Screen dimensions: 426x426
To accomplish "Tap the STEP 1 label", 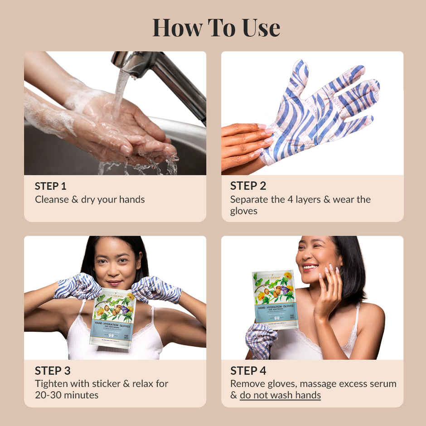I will (x=50, y=186).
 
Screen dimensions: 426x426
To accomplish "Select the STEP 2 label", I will (x=248, y=186).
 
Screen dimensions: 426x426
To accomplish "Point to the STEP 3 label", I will (x=52, y=371).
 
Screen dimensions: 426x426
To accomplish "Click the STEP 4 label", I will (x=248, y=371).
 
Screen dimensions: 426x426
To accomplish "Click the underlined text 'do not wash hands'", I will (x=280, y=395).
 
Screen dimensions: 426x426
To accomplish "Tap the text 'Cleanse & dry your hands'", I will (x=90, y=199).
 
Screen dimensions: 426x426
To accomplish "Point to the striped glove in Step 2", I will (x=317, y=113).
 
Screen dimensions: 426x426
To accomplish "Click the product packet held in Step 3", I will (x=112, y=317).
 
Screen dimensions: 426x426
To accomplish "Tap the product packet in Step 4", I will (x=275, y=299).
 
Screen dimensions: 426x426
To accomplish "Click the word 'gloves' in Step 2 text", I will (x=243, y=211).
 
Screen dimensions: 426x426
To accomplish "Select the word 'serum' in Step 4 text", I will (x=383, y=383).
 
